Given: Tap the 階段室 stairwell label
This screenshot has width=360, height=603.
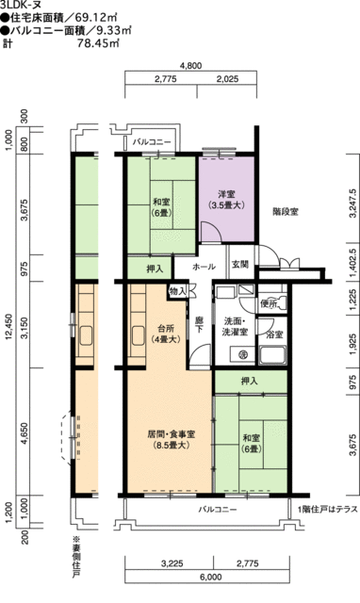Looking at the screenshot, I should [286, 212].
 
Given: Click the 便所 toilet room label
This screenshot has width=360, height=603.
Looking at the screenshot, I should [270, 302].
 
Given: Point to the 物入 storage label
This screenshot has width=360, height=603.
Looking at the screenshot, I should [178, 292].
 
